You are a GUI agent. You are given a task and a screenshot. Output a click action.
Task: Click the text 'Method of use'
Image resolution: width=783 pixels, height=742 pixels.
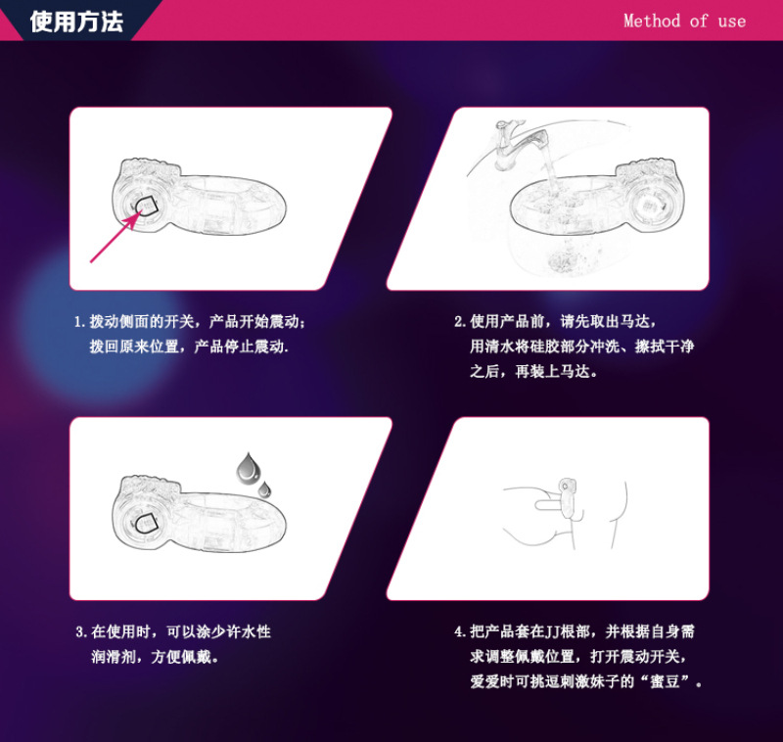(684, 21)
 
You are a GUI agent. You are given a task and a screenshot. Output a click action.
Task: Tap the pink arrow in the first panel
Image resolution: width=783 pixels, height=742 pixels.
(112, 238)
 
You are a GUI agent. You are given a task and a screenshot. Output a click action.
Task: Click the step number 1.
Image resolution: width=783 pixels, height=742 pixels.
(79, 322)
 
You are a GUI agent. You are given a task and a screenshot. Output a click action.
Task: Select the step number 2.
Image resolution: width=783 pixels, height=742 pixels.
(459, 322)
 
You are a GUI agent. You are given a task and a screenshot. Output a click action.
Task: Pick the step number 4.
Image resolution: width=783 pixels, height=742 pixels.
(459, 632)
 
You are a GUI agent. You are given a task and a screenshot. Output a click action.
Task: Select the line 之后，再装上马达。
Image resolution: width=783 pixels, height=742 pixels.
(533, 372)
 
